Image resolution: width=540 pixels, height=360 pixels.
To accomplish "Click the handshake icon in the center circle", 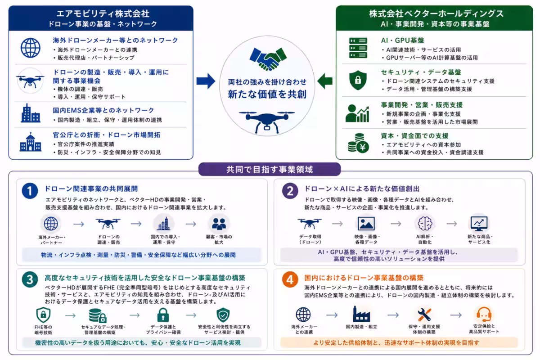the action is point(268,59).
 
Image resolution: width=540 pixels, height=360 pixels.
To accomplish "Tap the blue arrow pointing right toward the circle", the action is point(206,81).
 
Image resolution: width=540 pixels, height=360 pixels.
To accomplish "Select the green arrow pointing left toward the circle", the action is point(325,81).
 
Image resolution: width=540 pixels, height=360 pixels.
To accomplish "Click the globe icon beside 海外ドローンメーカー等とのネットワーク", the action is point(31,48).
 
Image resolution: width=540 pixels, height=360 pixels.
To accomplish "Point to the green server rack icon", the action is point(358,48).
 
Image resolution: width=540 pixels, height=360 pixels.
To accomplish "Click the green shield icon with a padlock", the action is point(358,80).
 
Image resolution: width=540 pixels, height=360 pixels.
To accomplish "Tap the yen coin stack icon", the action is point(358,143).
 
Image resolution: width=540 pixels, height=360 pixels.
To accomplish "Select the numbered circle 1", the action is point(30,191).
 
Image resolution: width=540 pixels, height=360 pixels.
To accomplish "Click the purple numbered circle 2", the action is point(290,191).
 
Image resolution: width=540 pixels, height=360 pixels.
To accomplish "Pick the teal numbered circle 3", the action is point(30,279).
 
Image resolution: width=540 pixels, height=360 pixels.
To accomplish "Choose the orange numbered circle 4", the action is point(290,279).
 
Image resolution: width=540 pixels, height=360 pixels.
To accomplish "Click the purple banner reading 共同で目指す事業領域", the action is point(270,169).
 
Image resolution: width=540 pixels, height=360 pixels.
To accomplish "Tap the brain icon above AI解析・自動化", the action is point(425,223).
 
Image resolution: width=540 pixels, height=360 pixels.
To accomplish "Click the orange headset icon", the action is point(484,314).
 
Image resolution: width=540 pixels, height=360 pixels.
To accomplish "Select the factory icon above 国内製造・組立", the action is point(361,314).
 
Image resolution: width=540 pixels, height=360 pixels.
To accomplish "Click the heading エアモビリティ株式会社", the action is point(103,13).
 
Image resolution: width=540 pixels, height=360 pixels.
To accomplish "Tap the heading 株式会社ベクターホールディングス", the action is point(436,13).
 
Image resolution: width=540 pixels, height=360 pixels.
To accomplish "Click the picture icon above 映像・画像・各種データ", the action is point(366,224).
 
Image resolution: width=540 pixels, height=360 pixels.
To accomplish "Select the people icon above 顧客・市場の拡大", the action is point(219,224).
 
